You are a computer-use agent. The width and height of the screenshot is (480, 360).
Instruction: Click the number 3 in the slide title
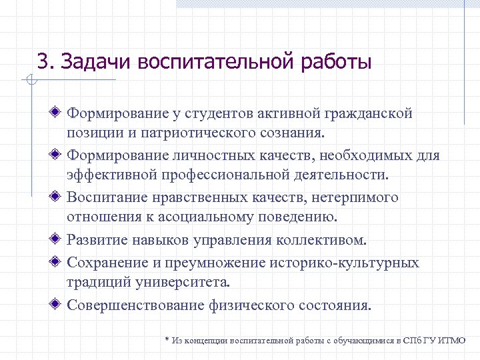(x=43, y=63)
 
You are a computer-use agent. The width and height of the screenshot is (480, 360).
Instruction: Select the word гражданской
(x=371, y=114)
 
